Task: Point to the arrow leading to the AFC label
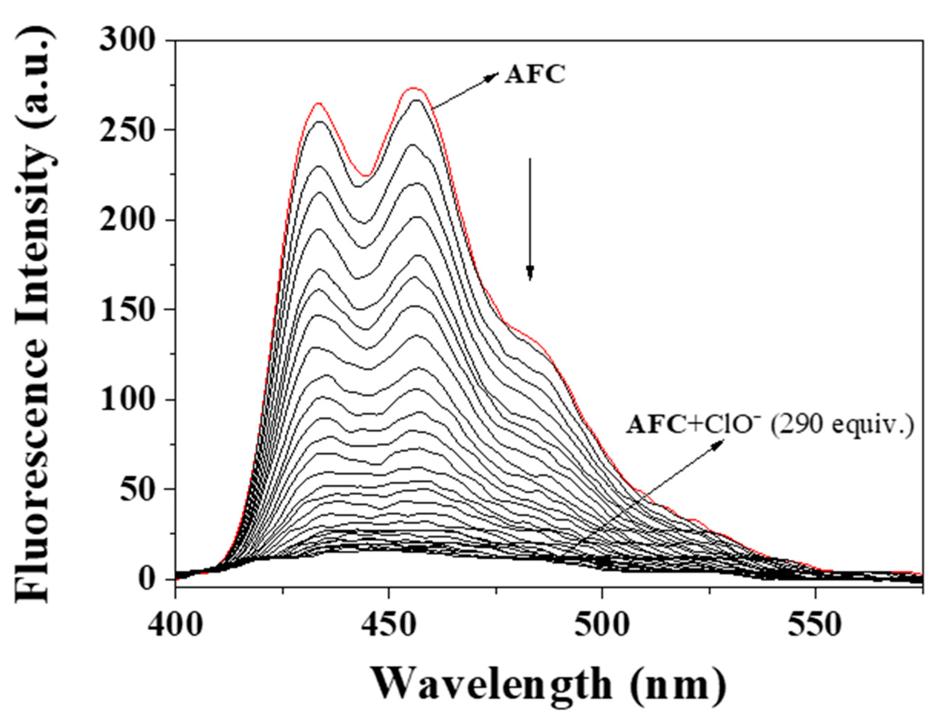465,91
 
